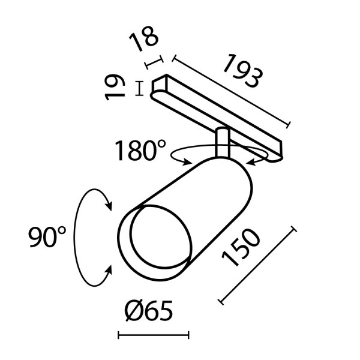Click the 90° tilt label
tap(47, 238)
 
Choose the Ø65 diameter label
tap(149, 311)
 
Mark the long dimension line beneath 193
tap(232, 92)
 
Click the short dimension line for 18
tap(154, 63)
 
